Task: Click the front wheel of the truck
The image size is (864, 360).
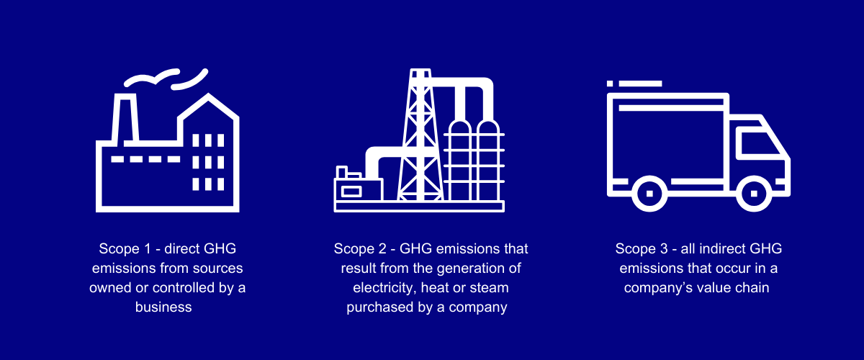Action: [754, 193]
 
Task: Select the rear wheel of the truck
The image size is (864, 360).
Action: [649, 193]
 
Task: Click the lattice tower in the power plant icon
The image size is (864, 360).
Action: [420, 135]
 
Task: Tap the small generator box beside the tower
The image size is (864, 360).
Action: [359, 189]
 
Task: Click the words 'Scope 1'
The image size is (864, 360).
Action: [125, 249]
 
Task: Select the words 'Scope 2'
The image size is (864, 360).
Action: [360, 249]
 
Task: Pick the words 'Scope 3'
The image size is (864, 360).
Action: [642, 249]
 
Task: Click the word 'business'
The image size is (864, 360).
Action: [163, 307]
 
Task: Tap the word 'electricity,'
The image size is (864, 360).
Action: [384, 288]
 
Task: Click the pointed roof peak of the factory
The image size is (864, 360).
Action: [209, 94]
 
